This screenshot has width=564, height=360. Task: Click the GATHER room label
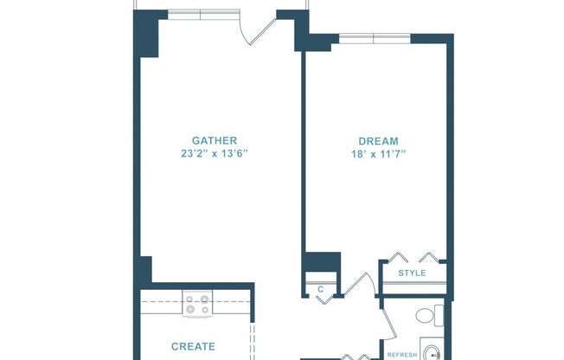(215, 140)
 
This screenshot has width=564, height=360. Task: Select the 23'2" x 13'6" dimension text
(215, 154)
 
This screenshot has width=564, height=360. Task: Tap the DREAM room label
(378, 141)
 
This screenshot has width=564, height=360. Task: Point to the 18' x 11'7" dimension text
(378, 154)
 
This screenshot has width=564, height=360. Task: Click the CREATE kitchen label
(193, 346)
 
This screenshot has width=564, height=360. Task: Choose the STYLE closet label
(412, 273)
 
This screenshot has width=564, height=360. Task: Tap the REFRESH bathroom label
(402, 355)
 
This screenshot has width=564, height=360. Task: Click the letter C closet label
(320, 289)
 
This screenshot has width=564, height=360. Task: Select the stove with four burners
(195, 305)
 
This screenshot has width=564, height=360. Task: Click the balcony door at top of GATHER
(259, 29)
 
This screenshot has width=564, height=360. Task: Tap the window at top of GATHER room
(201, 13)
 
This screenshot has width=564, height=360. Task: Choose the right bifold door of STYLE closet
(431, 258)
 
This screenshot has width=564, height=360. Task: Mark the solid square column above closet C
(323, 263)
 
